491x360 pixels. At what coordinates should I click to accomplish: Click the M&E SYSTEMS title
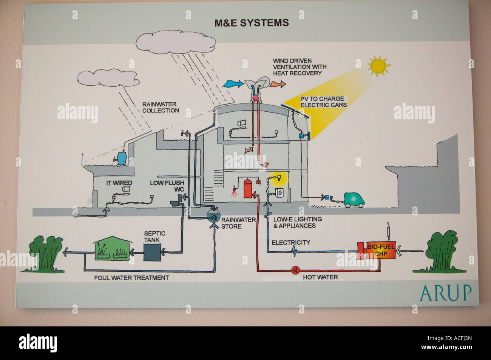pos(252,23)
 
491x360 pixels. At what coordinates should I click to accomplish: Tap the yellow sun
pos(379,66)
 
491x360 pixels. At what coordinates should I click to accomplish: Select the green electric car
pos(354,200)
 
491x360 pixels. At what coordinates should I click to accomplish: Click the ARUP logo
pos(445,292)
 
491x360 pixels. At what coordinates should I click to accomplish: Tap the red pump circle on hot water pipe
pos(295,270)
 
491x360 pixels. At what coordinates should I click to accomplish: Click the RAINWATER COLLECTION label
pos(161,107)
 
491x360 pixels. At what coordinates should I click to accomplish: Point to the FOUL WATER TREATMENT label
pos(131,278)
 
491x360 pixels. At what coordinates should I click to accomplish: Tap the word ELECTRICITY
pos(291,242)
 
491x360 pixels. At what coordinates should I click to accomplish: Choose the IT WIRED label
pos(119,183)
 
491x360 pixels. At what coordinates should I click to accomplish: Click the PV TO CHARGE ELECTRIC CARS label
pos(323,102)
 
